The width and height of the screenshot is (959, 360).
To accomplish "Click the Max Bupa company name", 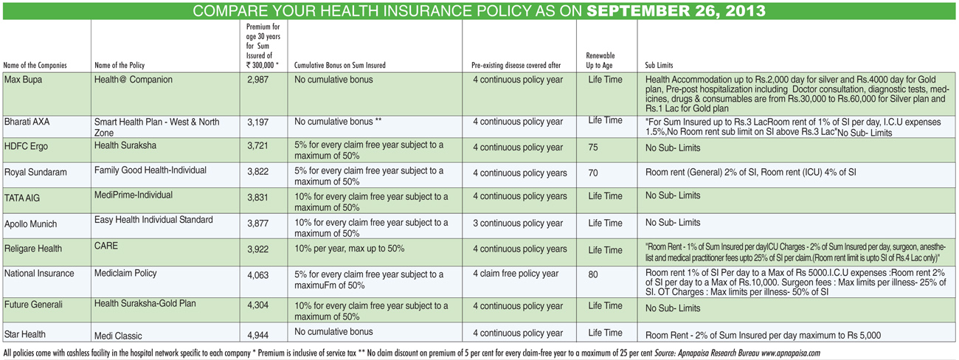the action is [x=23, y=80].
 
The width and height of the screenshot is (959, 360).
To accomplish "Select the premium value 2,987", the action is [x=257, y=80].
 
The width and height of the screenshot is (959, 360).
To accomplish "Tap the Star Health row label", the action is [x=25, y=334].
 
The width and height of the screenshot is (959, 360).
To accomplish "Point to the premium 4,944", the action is [x=257, y=335].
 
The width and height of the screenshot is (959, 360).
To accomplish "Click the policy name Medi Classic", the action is [x=118, y=336].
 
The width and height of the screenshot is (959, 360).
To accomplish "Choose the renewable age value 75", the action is [x=593, y=148].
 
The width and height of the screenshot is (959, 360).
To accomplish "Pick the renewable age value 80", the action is [x=593, y=274].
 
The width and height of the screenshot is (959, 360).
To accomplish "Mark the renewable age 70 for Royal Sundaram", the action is [x=593, y=173].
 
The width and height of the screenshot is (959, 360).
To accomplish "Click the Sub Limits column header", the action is [x=659, y=65].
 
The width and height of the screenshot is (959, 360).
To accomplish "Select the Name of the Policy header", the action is [x=120, y=65].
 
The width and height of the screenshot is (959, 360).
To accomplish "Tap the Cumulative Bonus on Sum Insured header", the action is [x=340, y=65].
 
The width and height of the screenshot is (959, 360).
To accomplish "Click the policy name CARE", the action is [x=105, y=246].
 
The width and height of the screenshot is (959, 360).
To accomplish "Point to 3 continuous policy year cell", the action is [x=518, y=224].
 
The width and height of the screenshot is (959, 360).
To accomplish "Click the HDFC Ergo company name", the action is [x=26, y=146].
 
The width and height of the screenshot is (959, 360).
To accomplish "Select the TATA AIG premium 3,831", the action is [x=257, y=198].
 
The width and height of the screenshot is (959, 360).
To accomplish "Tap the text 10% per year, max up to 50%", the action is [x=350, y=249].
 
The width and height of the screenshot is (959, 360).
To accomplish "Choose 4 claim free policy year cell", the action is [x=516, y=274].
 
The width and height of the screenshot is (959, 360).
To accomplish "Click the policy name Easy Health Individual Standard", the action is [x=153, y=220].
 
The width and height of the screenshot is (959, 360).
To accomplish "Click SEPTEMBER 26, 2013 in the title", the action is [x=676, y=11].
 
